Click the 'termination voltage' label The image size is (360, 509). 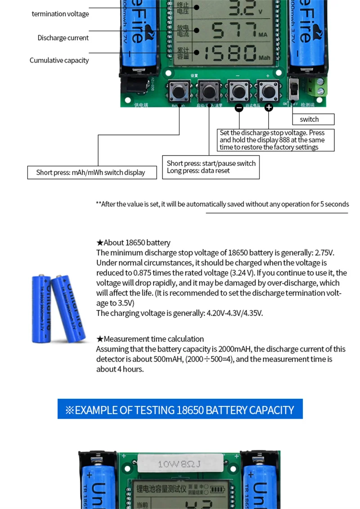click(x=60, y=14)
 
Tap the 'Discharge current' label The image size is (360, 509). click(x=63, y=38)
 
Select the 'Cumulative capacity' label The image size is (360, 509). click(x=59, y=60)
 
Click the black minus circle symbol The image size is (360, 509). click(x=239, y=107)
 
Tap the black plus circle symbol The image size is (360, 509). click(x=269, y=107)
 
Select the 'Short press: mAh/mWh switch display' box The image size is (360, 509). click(x=92, y=173)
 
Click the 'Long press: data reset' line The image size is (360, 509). click(x=198, y=171)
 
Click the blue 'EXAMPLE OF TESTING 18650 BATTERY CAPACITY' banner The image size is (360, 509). click(x=180, y=409)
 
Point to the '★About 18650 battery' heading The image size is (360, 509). click(x=133, y=243)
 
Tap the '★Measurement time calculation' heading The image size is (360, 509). click(x=150, y=339)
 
